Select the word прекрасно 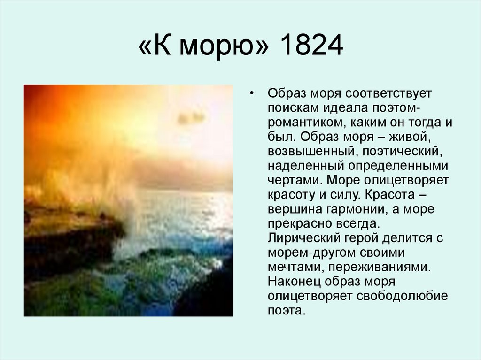304,224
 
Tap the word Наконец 291,282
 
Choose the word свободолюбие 403,297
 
